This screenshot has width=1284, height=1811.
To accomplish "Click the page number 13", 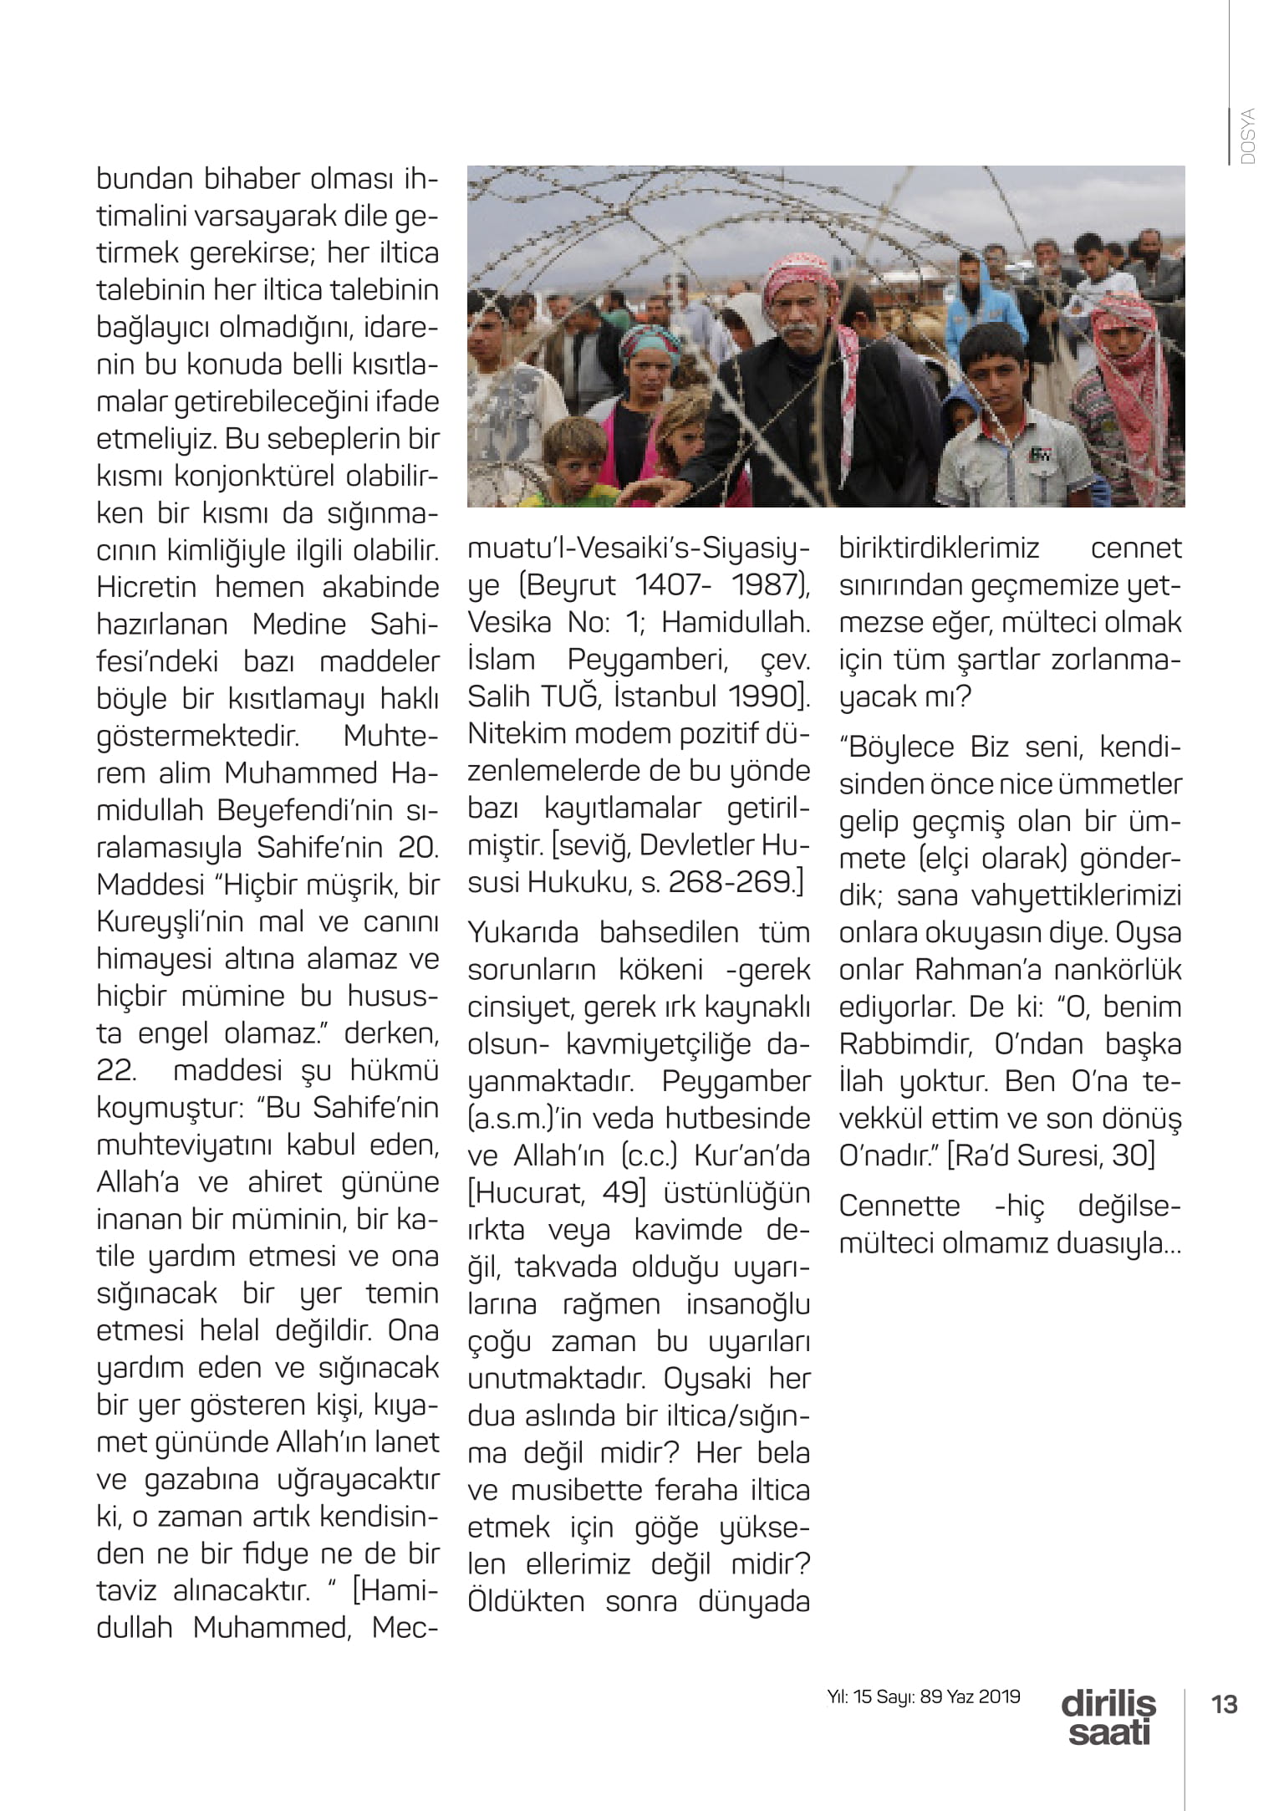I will [x=1224, y=1703].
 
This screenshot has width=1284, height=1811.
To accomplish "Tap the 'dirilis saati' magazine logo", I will [x=1108, y=1717].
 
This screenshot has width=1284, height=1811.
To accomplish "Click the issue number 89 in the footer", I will [x=930, y=1696].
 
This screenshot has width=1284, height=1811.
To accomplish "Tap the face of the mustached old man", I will [x=802, y=314].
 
